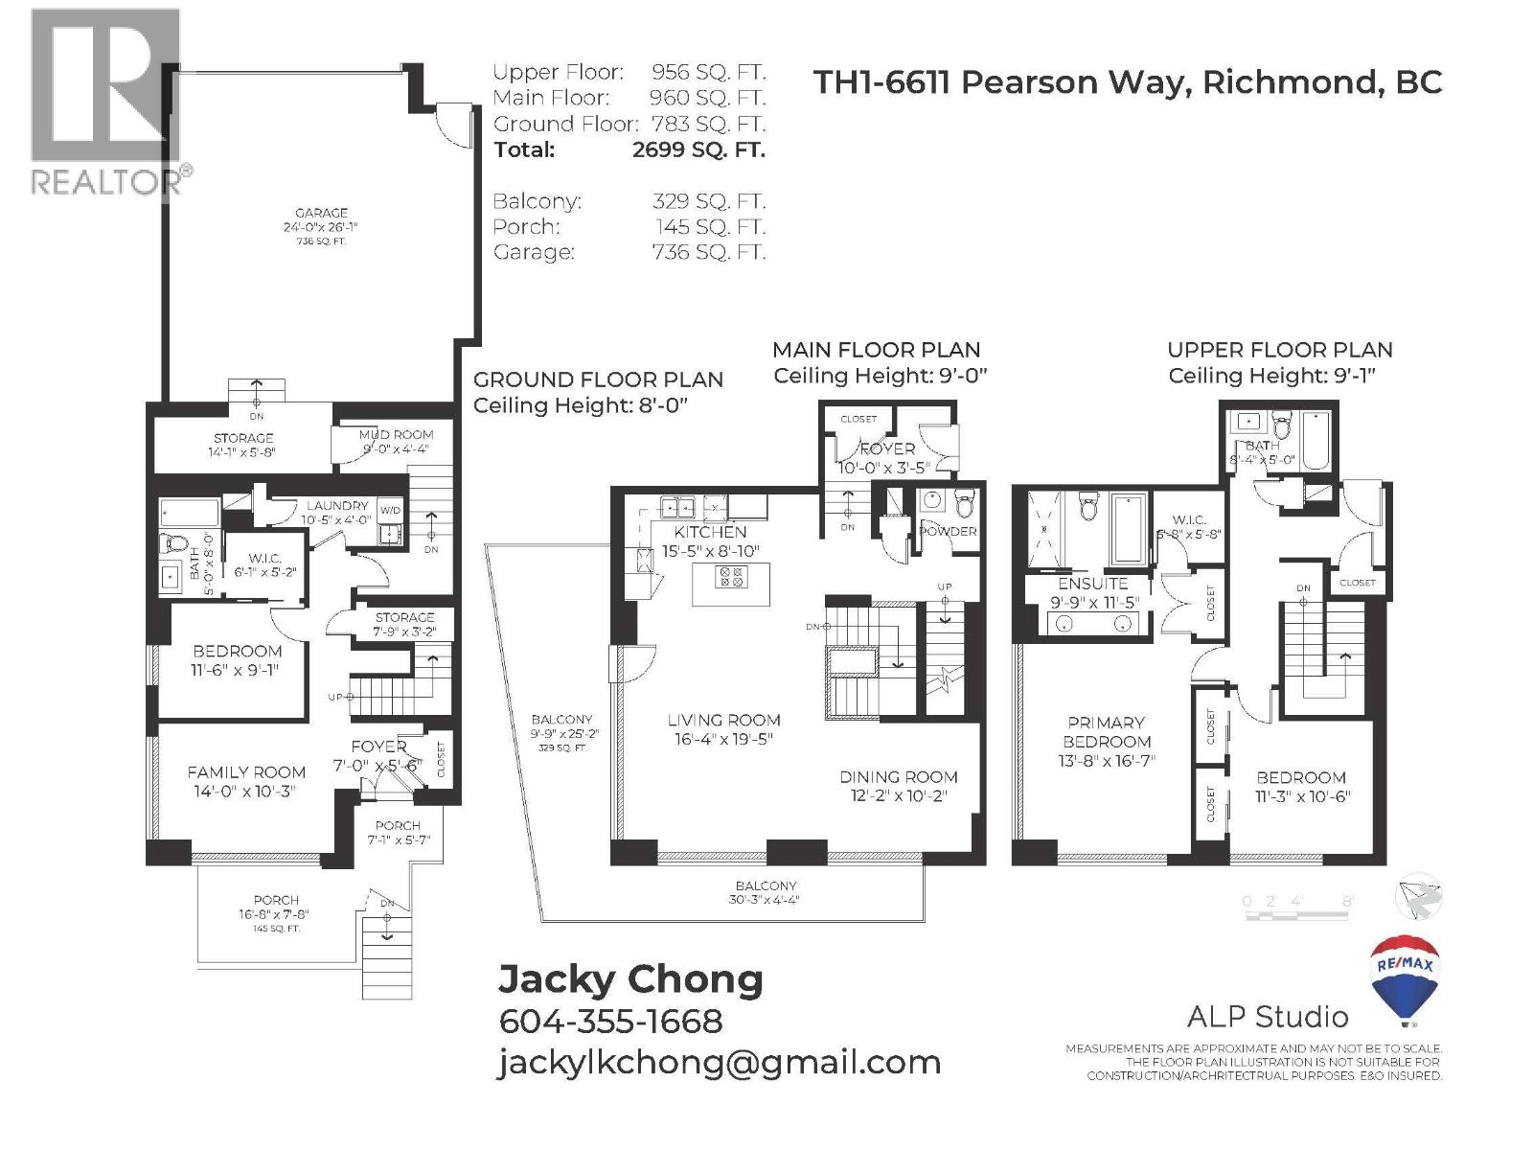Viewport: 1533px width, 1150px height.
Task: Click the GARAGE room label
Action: click(321, 214)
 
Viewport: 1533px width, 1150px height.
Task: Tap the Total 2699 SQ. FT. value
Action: click(698, 150)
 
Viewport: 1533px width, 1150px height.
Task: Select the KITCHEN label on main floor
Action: click(710, 532)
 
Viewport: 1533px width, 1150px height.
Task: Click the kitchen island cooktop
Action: click(732, 576)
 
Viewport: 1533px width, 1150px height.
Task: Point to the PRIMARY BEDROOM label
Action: click(1107, 732)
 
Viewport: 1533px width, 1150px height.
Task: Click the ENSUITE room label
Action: click(1092, 584)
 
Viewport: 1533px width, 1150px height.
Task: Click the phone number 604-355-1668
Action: click(610, 1022)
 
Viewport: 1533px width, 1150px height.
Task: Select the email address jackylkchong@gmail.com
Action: click(720, 1063)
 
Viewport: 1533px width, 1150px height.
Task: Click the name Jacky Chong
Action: click(630, 979)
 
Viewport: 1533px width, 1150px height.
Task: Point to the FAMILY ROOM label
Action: click(246, 772)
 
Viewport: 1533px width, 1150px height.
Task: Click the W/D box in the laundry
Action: click(390, 510)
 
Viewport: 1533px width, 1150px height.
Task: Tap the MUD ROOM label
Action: click(396, 435)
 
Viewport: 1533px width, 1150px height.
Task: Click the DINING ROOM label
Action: click(898, 777)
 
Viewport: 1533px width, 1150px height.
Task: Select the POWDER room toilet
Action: click(964, 502)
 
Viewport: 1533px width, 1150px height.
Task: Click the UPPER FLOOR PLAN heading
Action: click(1279, 350)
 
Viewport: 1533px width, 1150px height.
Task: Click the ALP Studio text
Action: click(1267, 1017)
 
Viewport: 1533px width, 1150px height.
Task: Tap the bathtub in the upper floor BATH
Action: click(1316, 440)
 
